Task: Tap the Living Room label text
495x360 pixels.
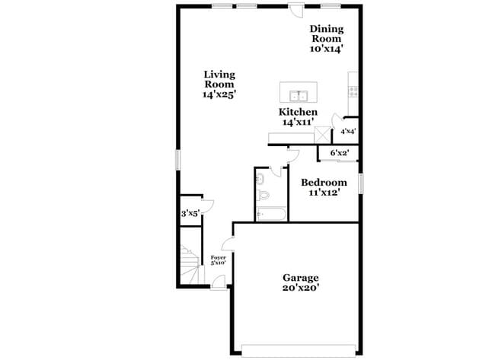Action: (x=219, y=79)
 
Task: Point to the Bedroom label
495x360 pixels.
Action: (x=324, y=183)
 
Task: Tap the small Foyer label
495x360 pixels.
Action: (x=218, y=258)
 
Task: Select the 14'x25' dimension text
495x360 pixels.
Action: (x=219, y=95)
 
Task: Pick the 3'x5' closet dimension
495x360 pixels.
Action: (x=190, y=215)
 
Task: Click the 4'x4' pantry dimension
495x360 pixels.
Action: (x=348, y=132)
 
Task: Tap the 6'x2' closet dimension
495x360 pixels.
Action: (x=339, y=153)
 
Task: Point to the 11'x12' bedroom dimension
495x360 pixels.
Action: (x=324, y=193)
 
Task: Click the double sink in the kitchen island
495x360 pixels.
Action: (x=299, y=95)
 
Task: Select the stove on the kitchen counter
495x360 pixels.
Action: (x=353, y=91)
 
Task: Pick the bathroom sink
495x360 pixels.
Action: (x=260, y=179)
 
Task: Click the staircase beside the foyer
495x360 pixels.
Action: (x=187, y=266)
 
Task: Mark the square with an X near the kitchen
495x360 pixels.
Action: (x=324, y=135)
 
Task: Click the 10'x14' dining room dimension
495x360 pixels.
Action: (x=327, y=48)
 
